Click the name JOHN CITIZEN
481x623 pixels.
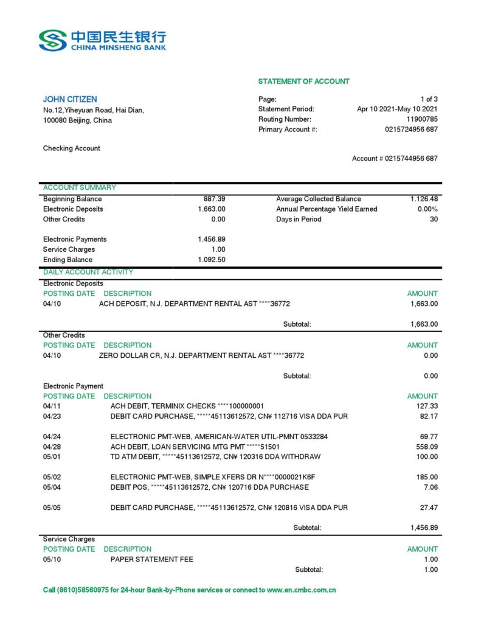coord(70,99)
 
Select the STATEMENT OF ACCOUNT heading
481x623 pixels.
coord(303,82)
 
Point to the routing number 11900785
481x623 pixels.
coord(422,119)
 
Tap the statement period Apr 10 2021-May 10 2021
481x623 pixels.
coord(397,109)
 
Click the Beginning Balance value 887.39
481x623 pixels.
coord(214,199)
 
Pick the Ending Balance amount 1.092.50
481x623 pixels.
coord(212,260)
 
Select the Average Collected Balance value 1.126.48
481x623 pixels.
coord(424,199)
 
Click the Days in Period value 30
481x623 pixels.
coord(434,219)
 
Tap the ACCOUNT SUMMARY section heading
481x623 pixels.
coord(80,187)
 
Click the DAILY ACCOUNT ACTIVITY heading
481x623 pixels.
coord(88,272)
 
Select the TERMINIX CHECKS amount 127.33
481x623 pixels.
coord(425,406)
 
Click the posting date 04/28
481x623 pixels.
coord(52,447)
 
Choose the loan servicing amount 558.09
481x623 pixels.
coord(425,447)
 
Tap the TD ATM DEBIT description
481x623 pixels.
coord(215,456)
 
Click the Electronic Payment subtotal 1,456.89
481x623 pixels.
coord(424,528)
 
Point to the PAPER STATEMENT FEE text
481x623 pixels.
coord(152,559)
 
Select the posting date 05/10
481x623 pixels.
coord(52,559)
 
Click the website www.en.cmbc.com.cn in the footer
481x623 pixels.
coord(302,590)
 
